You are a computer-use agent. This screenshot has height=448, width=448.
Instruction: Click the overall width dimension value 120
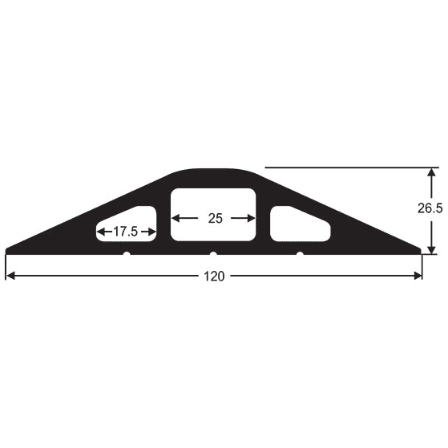214,276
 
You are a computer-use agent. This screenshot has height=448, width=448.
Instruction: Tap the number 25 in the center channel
214,218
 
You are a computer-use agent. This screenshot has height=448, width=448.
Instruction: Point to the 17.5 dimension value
125,232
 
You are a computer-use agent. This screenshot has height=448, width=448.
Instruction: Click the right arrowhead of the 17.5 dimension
157,232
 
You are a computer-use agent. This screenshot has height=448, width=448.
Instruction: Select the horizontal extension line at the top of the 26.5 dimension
345,167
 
